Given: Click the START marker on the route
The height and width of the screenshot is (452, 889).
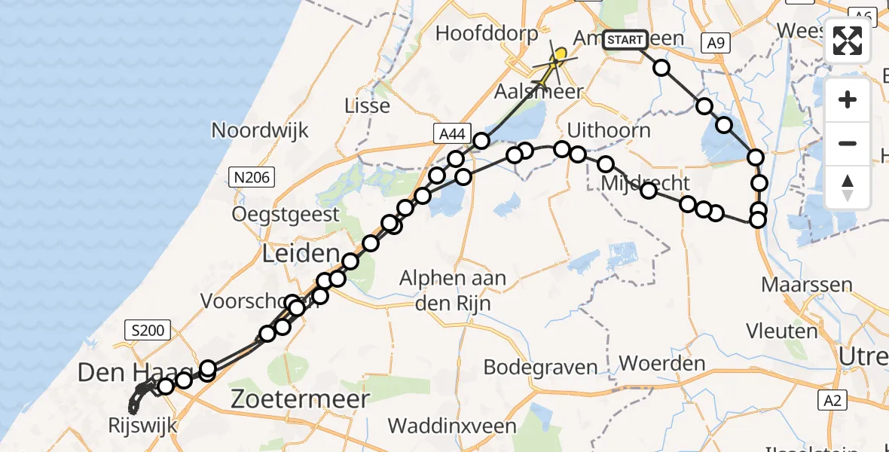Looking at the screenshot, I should [625, 40].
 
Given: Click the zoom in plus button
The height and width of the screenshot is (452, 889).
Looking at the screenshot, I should [848, 99].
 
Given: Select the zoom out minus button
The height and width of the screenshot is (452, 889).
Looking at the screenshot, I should [848, 143].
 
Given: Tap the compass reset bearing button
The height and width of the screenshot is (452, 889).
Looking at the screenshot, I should [848, 187].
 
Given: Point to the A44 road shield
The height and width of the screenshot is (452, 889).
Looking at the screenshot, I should [451, 134].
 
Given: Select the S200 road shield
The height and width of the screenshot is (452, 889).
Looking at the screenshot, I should [148, 329].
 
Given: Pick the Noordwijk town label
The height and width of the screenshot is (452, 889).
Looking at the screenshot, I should [260, 130].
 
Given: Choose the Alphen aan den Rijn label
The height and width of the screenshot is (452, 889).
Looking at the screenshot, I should [453, 290].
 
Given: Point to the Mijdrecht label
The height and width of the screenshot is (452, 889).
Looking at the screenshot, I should [646, 183].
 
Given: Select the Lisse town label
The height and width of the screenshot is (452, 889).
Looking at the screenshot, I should [367, 105].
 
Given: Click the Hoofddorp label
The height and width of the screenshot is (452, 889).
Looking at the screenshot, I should [487, 34].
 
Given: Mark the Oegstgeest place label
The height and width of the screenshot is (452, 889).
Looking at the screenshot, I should [286, 215].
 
